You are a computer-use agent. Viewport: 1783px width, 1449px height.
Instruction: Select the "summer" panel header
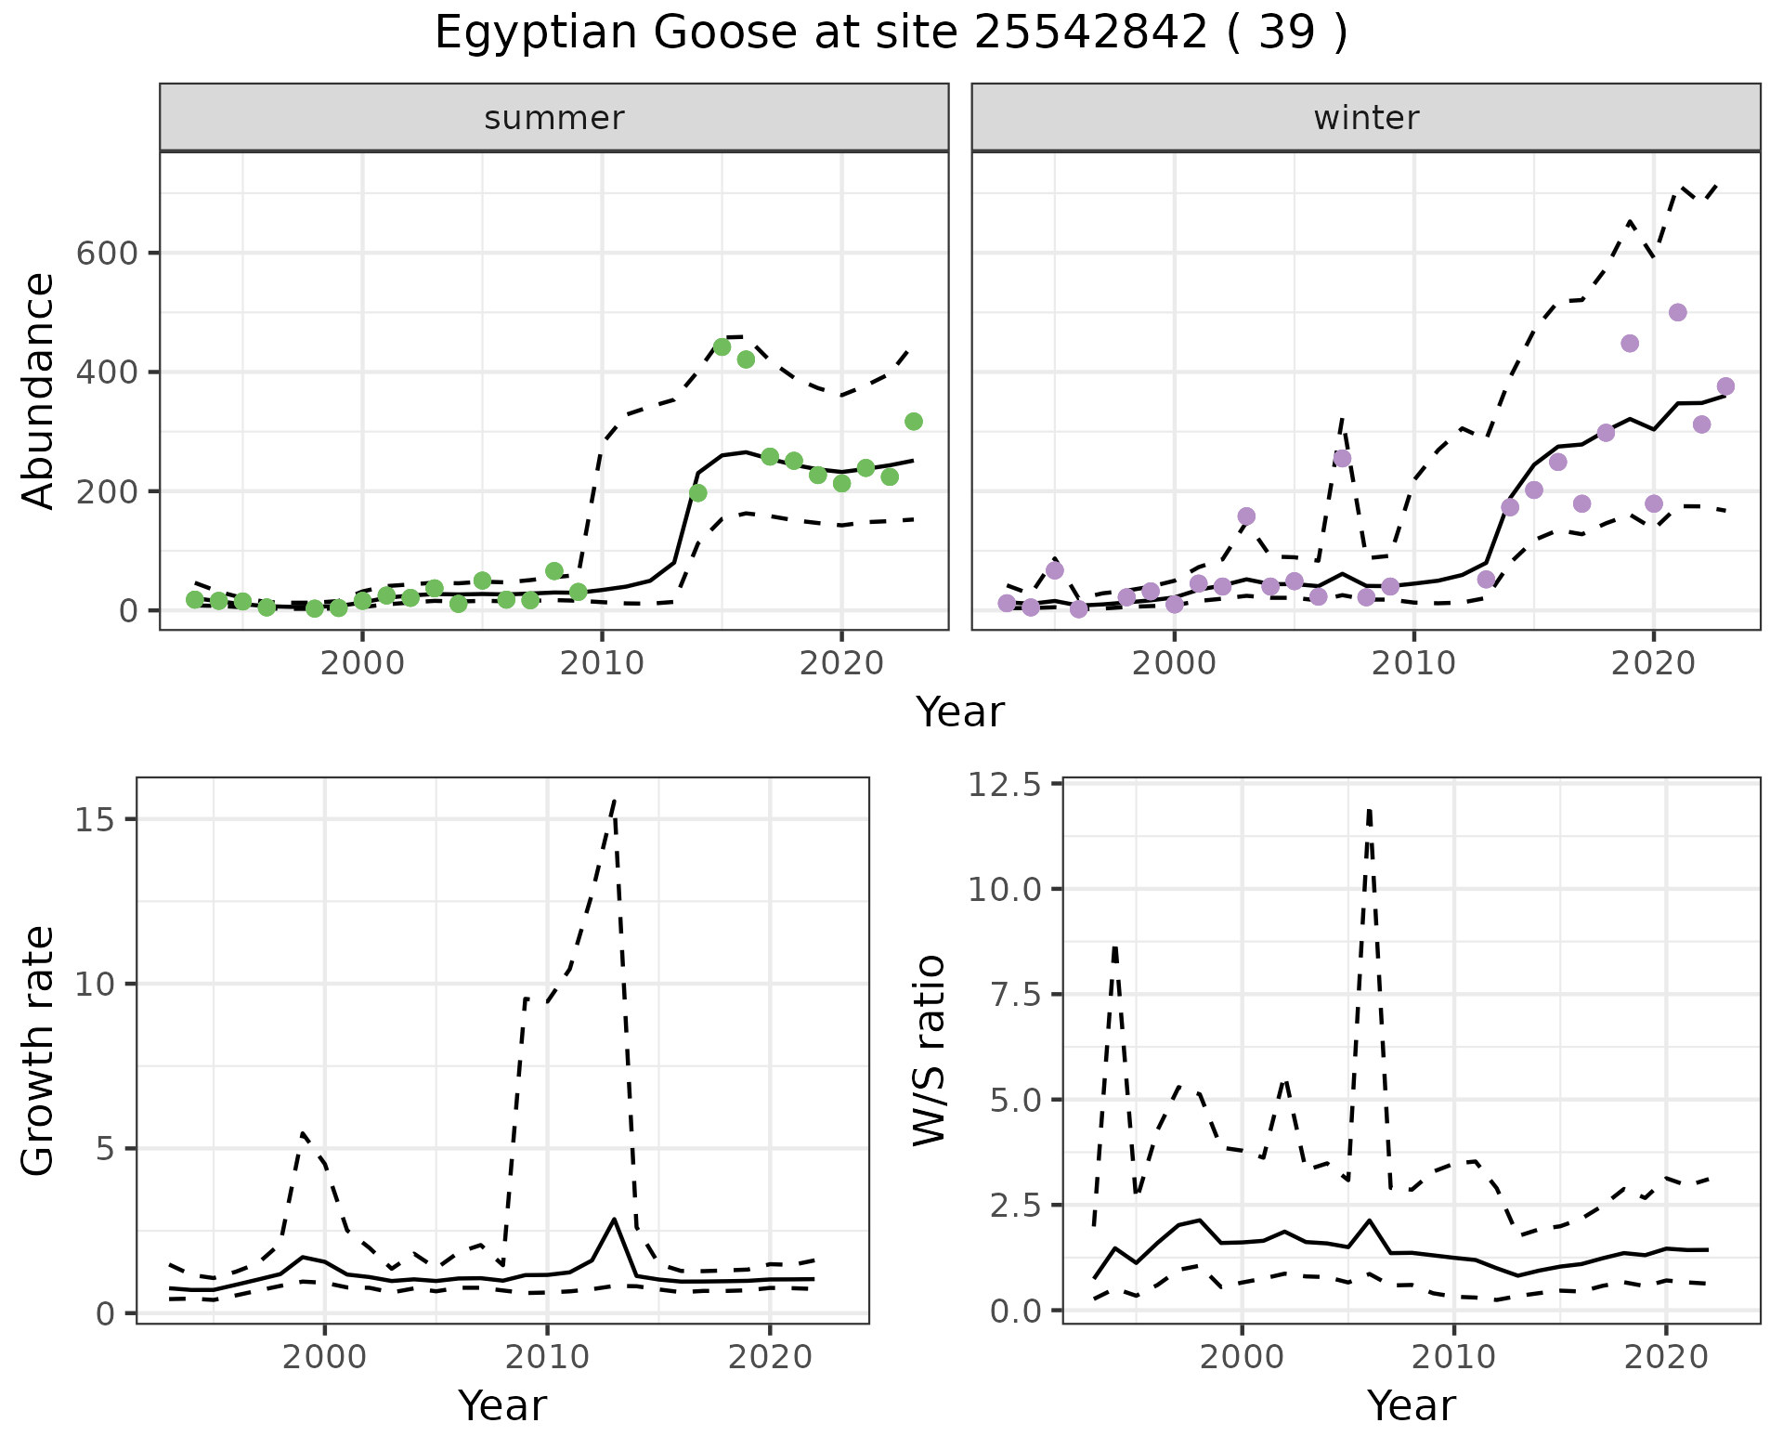[553, 118]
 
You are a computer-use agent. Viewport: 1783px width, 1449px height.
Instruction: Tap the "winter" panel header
[1365, 118]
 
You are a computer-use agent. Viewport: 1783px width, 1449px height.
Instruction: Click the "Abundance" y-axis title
[39, 390]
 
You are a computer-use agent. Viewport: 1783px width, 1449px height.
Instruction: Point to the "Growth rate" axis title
[39, 1051]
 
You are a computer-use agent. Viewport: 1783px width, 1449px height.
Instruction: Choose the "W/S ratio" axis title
[930, 1051]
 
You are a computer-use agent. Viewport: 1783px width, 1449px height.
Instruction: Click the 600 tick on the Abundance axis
[106, 254]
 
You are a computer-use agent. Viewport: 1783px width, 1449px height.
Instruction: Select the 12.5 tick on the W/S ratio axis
[1006, 786]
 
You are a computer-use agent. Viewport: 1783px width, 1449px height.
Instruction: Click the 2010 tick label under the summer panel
[602, 663]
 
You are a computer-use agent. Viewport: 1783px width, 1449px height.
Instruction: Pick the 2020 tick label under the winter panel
[1652, 663]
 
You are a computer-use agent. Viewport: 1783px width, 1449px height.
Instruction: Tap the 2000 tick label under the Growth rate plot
[324, 1358]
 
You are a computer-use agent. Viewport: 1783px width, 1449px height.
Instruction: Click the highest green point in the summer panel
[722, 347]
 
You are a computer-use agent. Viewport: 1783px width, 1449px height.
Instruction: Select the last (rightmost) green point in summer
[913, 422]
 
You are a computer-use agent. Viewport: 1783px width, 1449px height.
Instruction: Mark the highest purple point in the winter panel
[1677, 313]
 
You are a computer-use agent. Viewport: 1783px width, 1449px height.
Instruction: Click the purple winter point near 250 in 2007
[1342, 459]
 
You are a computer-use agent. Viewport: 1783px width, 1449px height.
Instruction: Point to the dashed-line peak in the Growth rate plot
[614, 800]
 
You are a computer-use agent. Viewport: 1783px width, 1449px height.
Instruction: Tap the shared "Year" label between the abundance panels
[960, 712]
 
